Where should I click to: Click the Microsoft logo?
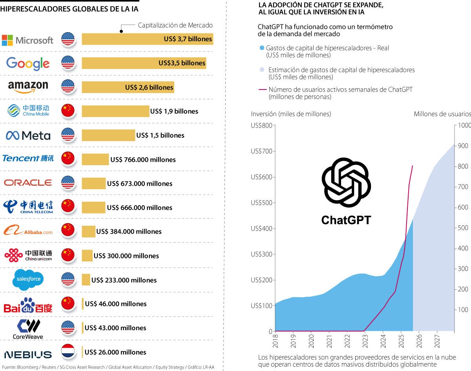27,40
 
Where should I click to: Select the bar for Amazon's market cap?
128,87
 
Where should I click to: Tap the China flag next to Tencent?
68,159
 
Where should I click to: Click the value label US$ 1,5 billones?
160,135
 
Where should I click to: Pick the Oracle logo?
28,183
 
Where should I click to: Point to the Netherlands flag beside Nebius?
68,352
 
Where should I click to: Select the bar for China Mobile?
115,111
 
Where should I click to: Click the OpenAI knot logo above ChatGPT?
346,183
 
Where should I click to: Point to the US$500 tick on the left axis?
262,203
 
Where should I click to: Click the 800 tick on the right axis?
463,166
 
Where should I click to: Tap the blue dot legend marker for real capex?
262,48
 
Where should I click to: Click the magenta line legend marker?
263,90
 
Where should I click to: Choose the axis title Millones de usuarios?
442,114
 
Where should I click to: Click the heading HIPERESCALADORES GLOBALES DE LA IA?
69,9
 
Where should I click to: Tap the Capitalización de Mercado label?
175,25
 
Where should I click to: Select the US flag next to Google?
68,63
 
